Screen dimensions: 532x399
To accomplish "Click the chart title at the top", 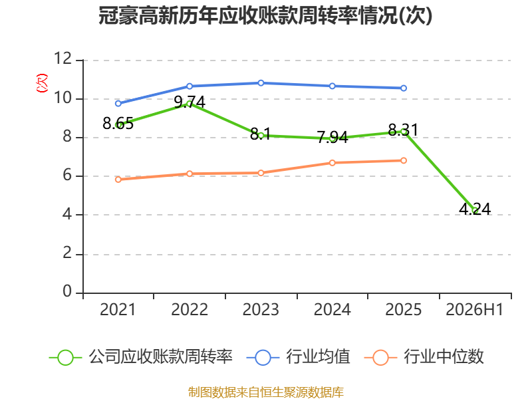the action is pos(265,15).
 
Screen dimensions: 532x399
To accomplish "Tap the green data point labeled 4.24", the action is pos(475,210).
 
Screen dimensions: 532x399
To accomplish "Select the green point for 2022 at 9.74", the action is pos(190,104).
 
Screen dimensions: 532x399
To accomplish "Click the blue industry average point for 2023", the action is pos(261,82).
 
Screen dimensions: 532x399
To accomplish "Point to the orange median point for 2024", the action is pos(332,163).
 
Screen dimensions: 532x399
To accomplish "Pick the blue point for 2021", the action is pos(118,104).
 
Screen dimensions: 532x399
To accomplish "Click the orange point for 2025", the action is pos(404,160).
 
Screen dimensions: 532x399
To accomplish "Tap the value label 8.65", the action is pos(118,124).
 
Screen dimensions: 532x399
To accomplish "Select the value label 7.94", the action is pos(332,138).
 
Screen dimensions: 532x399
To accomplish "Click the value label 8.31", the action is pos(403,130).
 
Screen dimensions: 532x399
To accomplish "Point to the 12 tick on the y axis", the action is pos(63,59).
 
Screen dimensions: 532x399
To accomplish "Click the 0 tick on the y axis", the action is pos(67,291).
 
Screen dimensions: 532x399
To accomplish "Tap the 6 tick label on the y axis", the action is pos(67,175).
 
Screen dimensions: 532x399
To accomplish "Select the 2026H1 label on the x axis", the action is pos(474,309).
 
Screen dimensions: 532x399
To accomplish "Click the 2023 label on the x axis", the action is pos(261,309).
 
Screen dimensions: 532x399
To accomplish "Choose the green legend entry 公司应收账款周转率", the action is pos(141,357).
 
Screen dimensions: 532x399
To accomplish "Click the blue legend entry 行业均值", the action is pos(298,357).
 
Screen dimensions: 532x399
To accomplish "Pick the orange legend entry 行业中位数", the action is pos(424,357).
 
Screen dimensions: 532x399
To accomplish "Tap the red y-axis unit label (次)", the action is pos(42,83).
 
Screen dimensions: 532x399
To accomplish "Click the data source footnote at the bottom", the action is pos(266,392).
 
